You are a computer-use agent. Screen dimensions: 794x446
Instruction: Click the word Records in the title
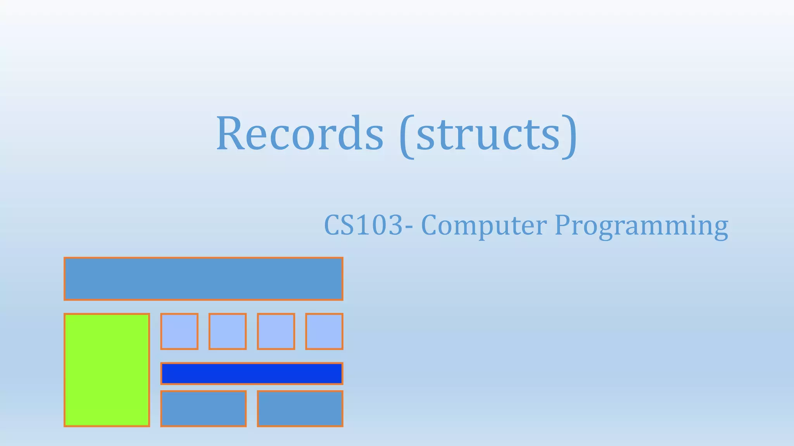[300, 134]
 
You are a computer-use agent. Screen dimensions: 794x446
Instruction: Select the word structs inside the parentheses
[488, 134]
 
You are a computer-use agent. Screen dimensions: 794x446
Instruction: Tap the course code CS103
[364, 225]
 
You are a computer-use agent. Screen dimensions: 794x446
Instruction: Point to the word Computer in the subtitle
[484, 226]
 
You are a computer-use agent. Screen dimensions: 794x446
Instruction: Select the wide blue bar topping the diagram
[203, 279]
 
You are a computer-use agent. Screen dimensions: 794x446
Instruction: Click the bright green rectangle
[107, 370]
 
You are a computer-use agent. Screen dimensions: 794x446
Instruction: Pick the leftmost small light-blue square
[179, 331]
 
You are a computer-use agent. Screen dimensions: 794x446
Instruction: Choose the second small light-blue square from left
[228, 331]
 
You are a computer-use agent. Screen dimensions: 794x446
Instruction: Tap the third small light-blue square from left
[276, 331]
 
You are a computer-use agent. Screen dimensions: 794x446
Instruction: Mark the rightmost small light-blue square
[324, 331]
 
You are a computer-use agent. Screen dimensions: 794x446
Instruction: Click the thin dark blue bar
[252, 373]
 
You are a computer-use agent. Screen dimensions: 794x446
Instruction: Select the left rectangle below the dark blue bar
[203, 408]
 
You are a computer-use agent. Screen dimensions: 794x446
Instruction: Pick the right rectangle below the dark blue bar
[300, 408]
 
